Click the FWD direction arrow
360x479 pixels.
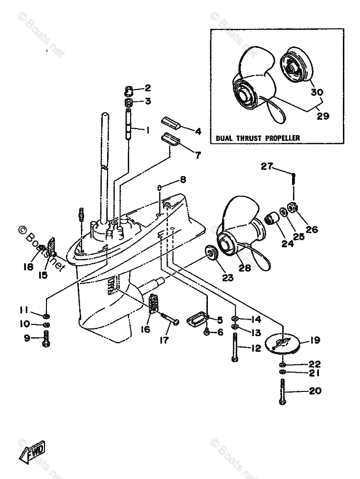[x=32, y=452]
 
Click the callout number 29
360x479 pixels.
[x=323, y=116]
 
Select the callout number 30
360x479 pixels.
[x=317, y=92]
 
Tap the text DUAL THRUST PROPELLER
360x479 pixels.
[x=258, y=138]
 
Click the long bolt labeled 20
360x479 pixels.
[x=282, y=391]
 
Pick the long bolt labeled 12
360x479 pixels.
[x=235, y=347]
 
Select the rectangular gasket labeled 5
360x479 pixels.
[x=197, y=319]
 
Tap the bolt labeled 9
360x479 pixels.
[x=46, y=339]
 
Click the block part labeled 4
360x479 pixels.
[x=171, y=123]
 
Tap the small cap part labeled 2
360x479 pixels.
[x=129, y=91]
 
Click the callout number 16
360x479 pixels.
[x=145, y=329]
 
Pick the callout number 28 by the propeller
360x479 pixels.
[x=245, y=268]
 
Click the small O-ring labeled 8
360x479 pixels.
[x=159, y=187]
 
